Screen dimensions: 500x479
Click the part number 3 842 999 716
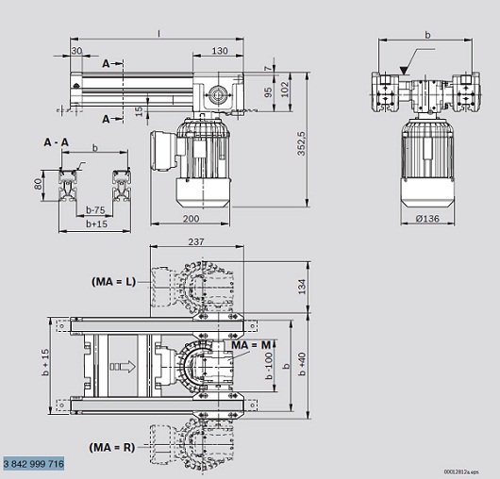point(34,463)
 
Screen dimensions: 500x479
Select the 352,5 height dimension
point(301,143)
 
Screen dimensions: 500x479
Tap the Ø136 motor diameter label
point(427,219)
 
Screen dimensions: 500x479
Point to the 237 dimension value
point(196,242)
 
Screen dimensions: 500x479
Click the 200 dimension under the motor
point(191,219)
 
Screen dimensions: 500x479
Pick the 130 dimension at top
point(220,51)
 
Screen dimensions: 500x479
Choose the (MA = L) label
point(114,282)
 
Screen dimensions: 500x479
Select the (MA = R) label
point(112,448)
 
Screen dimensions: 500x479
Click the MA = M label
point(251,345)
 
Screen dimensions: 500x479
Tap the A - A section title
point(56,142)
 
